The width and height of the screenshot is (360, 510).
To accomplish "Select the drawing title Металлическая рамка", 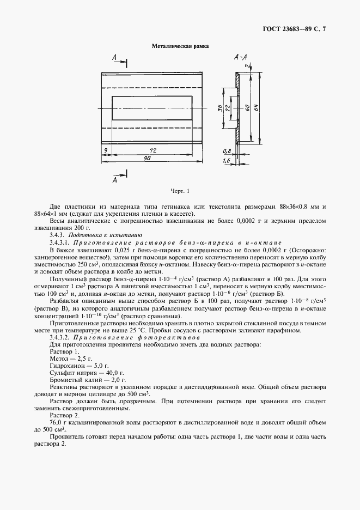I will [180, 47].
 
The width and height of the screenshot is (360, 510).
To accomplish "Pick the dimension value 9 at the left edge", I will [103, 149].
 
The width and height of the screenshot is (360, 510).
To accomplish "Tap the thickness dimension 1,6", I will [225, 162].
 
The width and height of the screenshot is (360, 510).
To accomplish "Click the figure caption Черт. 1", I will [180, 191].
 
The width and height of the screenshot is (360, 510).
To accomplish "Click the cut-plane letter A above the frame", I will [114, 57].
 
